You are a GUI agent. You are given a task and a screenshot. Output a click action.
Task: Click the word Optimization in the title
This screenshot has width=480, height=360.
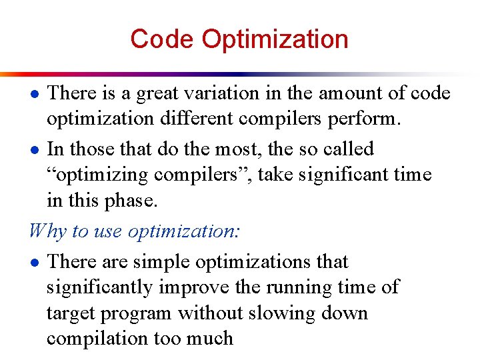pos(275,39)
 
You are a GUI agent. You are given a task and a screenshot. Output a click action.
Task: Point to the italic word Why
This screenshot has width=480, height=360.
pos(47,231)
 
